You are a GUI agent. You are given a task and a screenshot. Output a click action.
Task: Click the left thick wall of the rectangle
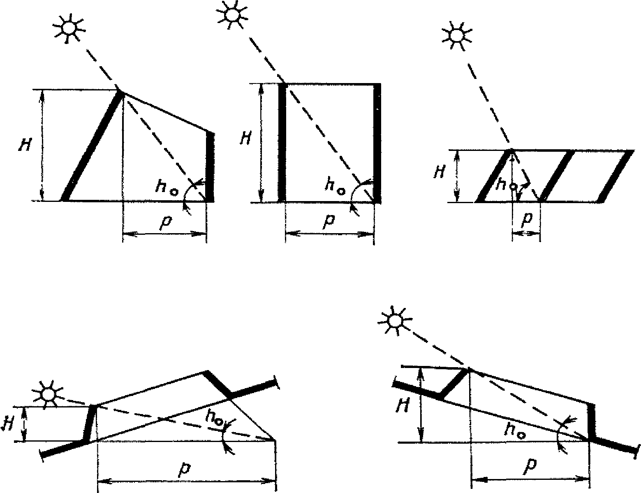click(x=282, y=142)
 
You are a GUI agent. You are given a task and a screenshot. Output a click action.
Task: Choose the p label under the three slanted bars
click(x=526, y=220)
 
